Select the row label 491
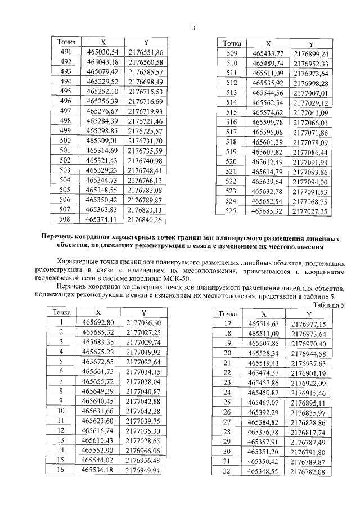pos(66,52)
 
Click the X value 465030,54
pos(102,52)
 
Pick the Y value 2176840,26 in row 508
pos(145,219)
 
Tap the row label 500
pos(66,141)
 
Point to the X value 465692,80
pos(98,322)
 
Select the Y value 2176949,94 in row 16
pos(143,469)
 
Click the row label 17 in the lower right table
pos(228,323)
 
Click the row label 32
pos(228,471)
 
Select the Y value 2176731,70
pos(145,141)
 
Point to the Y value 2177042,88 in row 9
pos(143,400)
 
